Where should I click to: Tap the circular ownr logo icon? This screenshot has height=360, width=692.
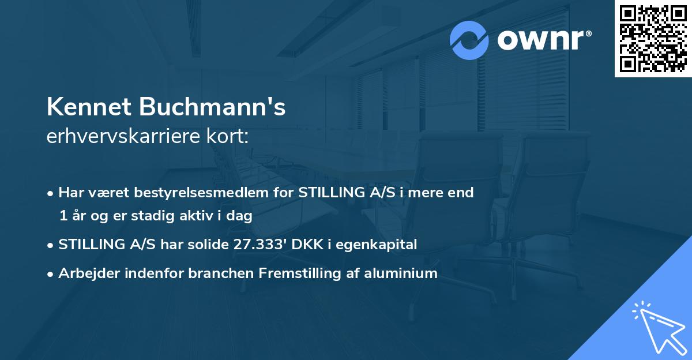(x=469, y=40)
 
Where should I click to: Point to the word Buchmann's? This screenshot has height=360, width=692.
(x=211, y=107)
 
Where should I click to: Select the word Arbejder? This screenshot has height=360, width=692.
(x=87, y=273)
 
